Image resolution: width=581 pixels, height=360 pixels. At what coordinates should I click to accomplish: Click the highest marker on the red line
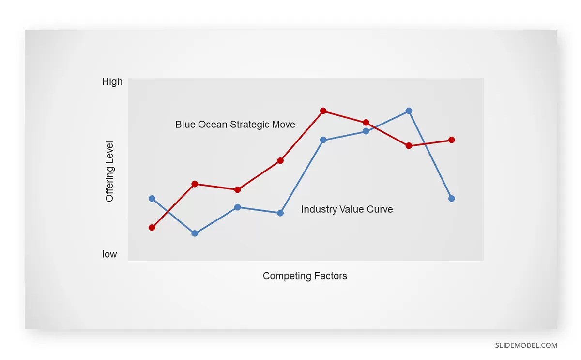pyautogui.click(x=323, y=111)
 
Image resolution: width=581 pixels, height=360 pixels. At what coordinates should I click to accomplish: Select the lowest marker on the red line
pyautogui.click(x=152, y=227)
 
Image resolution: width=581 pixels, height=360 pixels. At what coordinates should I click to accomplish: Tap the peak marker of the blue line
pyautogui.click(x=409, y=111)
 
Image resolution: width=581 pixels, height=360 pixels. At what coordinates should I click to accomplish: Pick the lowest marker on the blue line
pyautogui.click(x=195, y=233)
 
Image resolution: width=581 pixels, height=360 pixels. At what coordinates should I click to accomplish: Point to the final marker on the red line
pyautogui.click(x=451, y=140)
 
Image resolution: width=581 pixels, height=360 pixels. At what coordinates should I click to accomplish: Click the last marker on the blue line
pyautogui.click(x=451, y=198)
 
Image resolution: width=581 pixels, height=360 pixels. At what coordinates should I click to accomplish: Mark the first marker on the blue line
pyautogui.click(x=152, y=198)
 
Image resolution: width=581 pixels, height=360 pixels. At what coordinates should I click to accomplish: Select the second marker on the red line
pyautogui.click(x=195, y=184)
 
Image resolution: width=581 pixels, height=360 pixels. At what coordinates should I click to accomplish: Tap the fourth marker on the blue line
pyautogui.click(x=280, y=213)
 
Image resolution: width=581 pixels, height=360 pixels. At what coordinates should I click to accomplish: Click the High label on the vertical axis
pyautogui.click(x=112, y=82)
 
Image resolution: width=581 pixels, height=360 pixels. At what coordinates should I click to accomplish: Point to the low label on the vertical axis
pyautogui.click(x=109, y=254)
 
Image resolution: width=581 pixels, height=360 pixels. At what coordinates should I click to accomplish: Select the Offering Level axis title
pyautogui.click(x=109, y=172)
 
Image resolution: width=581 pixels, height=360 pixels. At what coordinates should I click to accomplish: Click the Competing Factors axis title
pyautogui.click(x=305, y=276)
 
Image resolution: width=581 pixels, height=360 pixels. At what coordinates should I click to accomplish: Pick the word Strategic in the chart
pyautogui.click(x=250, y=125)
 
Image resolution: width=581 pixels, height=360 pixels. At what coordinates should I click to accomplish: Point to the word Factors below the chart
pyautogui.click(x=331, y=276)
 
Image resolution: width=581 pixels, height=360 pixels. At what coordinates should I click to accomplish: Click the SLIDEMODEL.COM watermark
pyautogui.click(x=526, y=345)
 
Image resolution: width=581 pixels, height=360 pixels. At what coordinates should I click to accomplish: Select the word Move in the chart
pyautogui.click(x=284, y=125)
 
